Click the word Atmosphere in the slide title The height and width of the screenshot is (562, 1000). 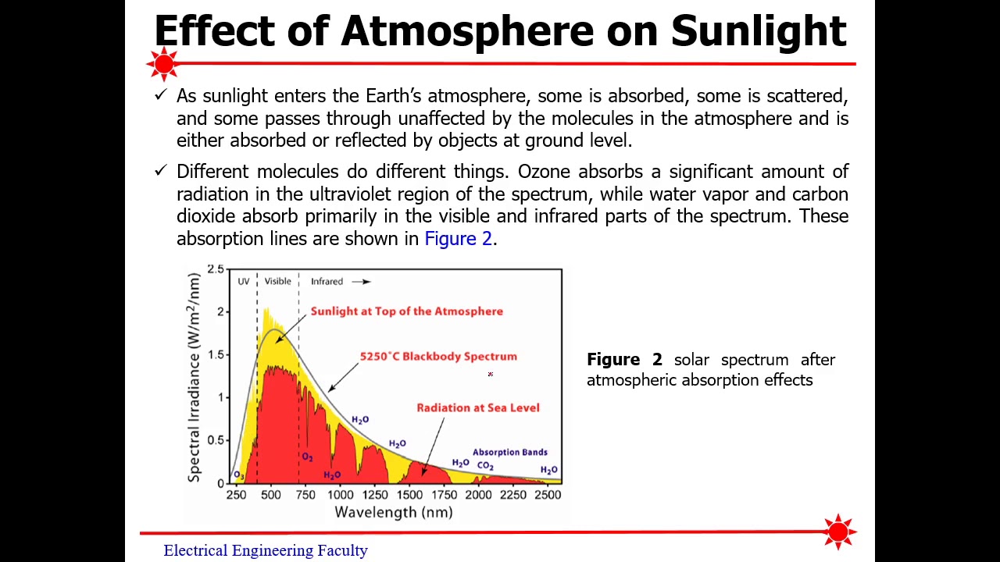click(x=467, y=31)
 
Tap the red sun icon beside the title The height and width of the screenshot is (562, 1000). click(x=164, y=64)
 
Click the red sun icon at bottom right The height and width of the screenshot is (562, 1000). click(x=838, y=532)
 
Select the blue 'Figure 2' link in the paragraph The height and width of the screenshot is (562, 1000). click(x=458, y=239)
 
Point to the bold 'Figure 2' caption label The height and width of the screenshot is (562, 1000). click(x=623, y=360)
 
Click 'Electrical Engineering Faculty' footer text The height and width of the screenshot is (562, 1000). click(x=265, y=550)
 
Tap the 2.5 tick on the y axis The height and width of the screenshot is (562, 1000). click(x=215, y=269)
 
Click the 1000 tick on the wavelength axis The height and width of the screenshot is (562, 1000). click(x=340, y=495)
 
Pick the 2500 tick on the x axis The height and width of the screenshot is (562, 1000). click(x=548, y=495)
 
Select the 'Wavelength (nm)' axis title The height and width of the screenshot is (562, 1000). click(x=393, y=513)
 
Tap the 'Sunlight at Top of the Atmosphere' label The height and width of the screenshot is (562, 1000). click(x=406, y=311)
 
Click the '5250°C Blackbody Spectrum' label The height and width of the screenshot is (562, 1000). click(x=438, y=357)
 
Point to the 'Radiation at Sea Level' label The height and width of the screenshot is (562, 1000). click(x=477, y=407)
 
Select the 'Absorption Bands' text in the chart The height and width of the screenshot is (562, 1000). click(x=509, y=452)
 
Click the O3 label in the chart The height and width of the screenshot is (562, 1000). click(x=238, y=475)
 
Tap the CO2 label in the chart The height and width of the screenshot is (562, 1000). click(x=485, y=466)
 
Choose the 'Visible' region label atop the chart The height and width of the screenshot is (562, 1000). click(x=277, y=282)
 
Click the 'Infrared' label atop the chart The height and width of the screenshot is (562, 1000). click(x=327, y=282)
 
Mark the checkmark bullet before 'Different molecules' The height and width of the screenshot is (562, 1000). click(x=161, y=170)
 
